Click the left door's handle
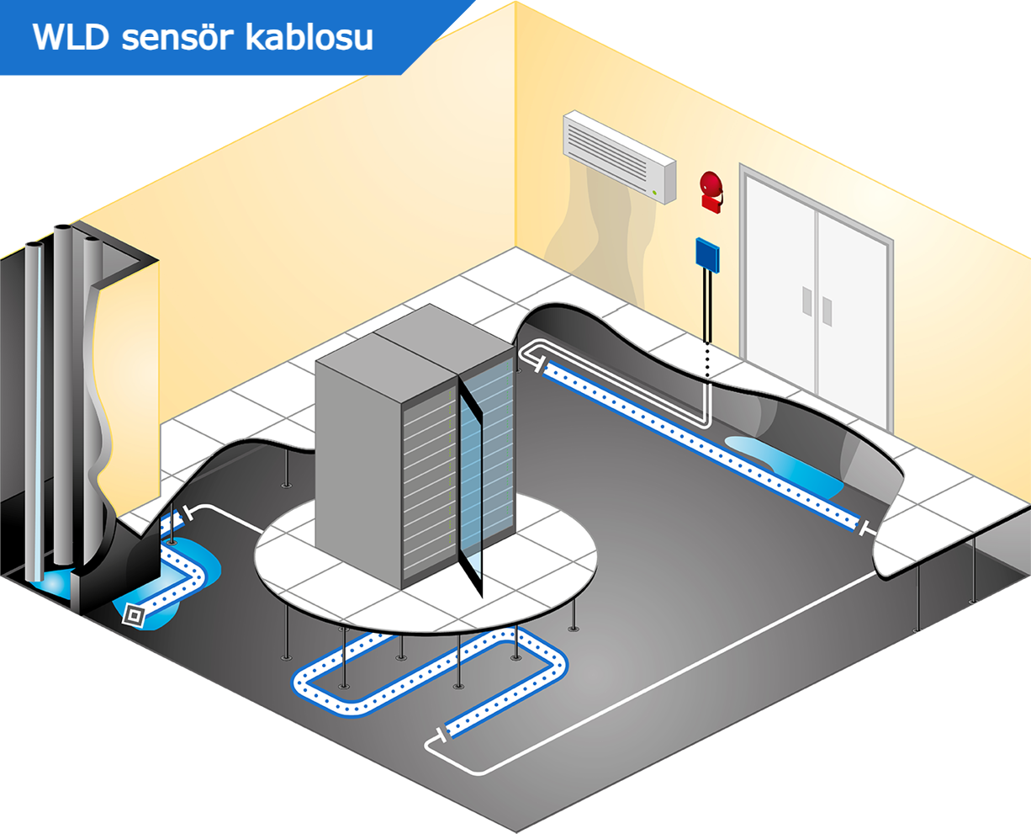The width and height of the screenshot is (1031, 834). pyautogui.click(x=806, y=301)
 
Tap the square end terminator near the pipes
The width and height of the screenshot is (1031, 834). pyautogui.click(x=133, y=614)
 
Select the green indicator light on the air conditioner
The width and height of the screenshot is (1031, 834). pyautogui.click(x=654, y=193)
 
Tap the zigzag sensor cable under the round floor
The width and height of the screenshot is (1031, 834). pyautogui.click(x=429, y=673)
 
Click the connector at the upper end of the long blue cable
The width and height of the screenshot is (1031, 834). pyautogui.click(x=537, y=364)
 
